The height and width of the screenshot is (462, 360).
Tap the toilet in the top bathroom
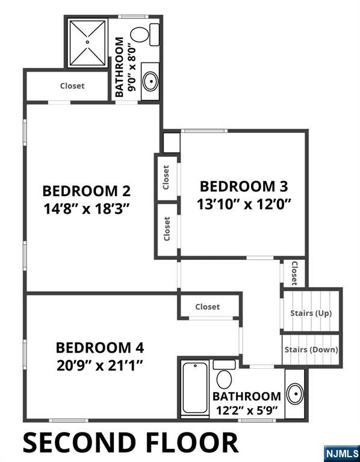[x=140, y=34]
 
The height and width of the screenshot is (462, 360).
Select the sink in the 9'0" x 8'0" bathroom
[x=150, y=79]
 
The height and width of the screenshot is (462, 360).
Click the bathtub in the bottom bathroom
[x=194, y=389]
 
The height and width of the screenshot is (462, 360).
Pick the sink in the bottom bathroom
[x=295, y=394]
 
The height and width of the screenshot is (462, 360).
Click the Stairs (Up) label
[x=311, y=313]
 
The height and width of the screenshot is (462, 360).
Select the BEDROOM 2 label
[x=86, y=191]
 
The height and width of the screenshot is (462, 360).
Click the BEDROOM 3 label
[x=244, y=186]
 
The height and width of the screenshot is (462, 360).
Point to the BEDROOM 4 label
[x=99, y=348]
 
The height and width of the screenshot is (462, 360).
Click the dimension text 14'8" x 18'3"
[x=86, y=208]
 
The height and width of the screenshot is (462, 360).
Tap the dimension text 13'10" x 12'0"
[x=244, y=203]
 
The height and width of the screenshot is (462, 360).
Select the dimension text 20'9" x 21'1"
[x=99, y=365]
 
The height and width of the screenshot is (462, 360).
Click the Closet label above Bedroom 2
[x=72, y=86]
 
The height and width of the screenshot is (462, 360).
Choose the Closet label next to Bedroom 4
[x=208, y=307]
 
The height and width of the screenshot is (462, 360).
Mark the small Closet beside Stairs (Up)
[x=294, y=273]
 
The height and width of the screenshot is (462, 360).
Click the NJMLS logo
[x=341, y=452]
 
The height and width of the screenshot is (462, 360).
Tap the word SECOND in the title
[x=78, y=443]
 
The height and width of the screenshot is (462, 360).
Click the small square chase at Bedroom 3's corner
[x=171, y=142]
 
